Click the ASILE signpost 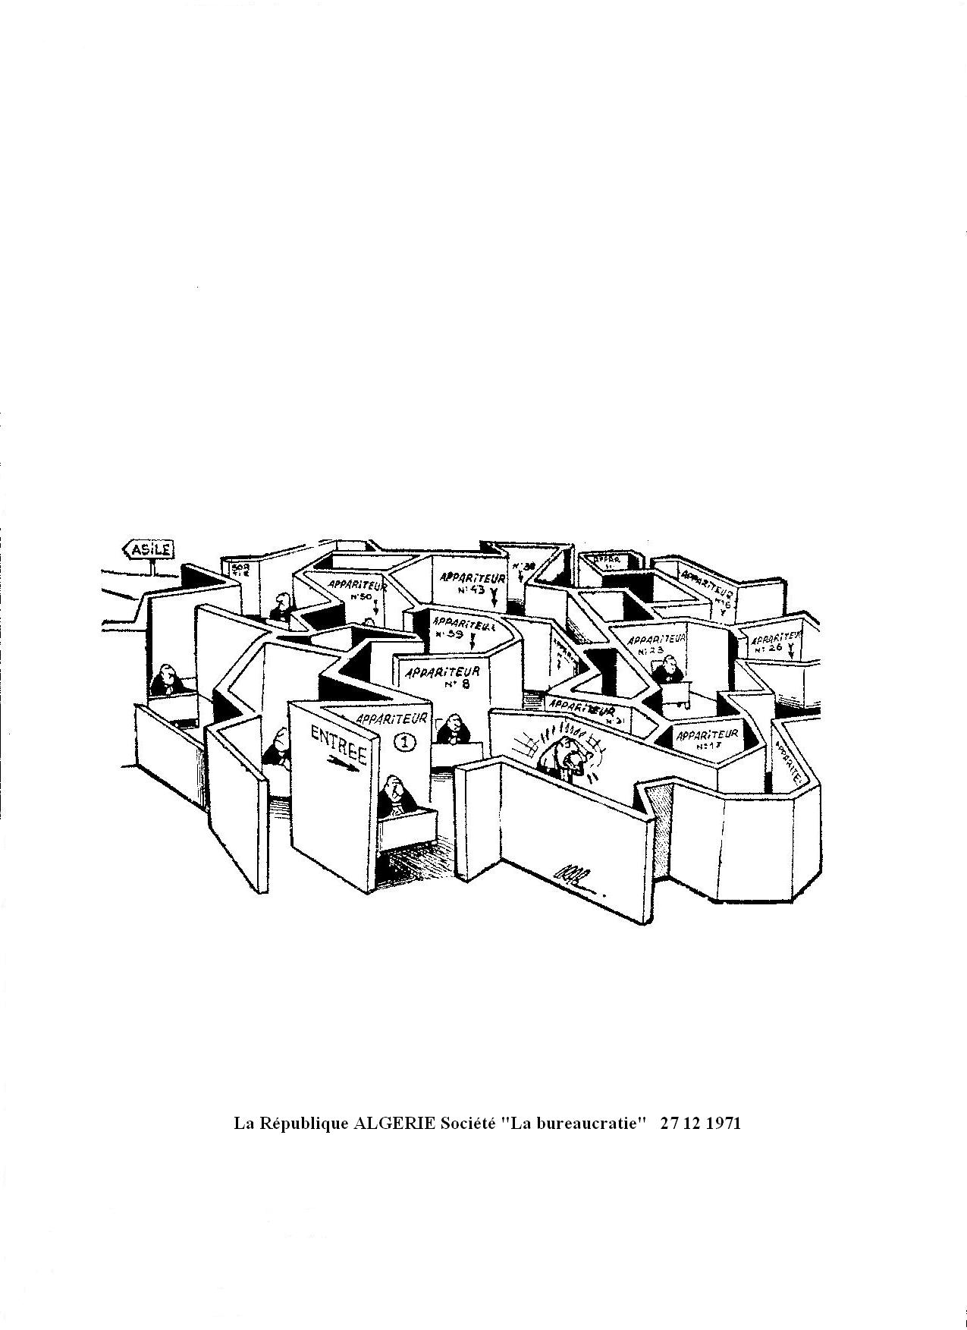point(149,549)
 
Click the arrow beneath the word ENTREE point(343,764)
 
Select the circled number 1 point(405,742)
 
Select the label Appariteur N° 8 point(442,677)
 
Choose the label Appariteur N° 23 point(656,643)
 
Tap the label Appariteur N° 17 point(706,740)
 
